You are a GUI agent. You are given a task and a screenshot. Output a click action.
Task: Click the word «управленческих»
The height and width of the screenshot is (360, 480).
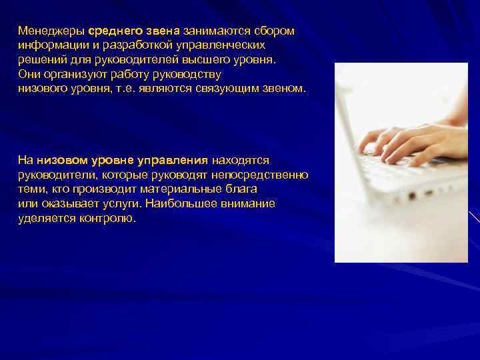(x=220, y=45)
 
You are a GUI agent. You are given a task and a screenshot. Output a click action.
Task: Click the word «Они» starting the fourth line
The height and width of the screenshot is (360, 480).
(x=29, y=74)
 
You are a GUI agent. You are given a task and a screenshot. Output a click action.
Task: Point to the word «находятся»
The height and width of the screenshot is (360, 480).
(x=240, y=161)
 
